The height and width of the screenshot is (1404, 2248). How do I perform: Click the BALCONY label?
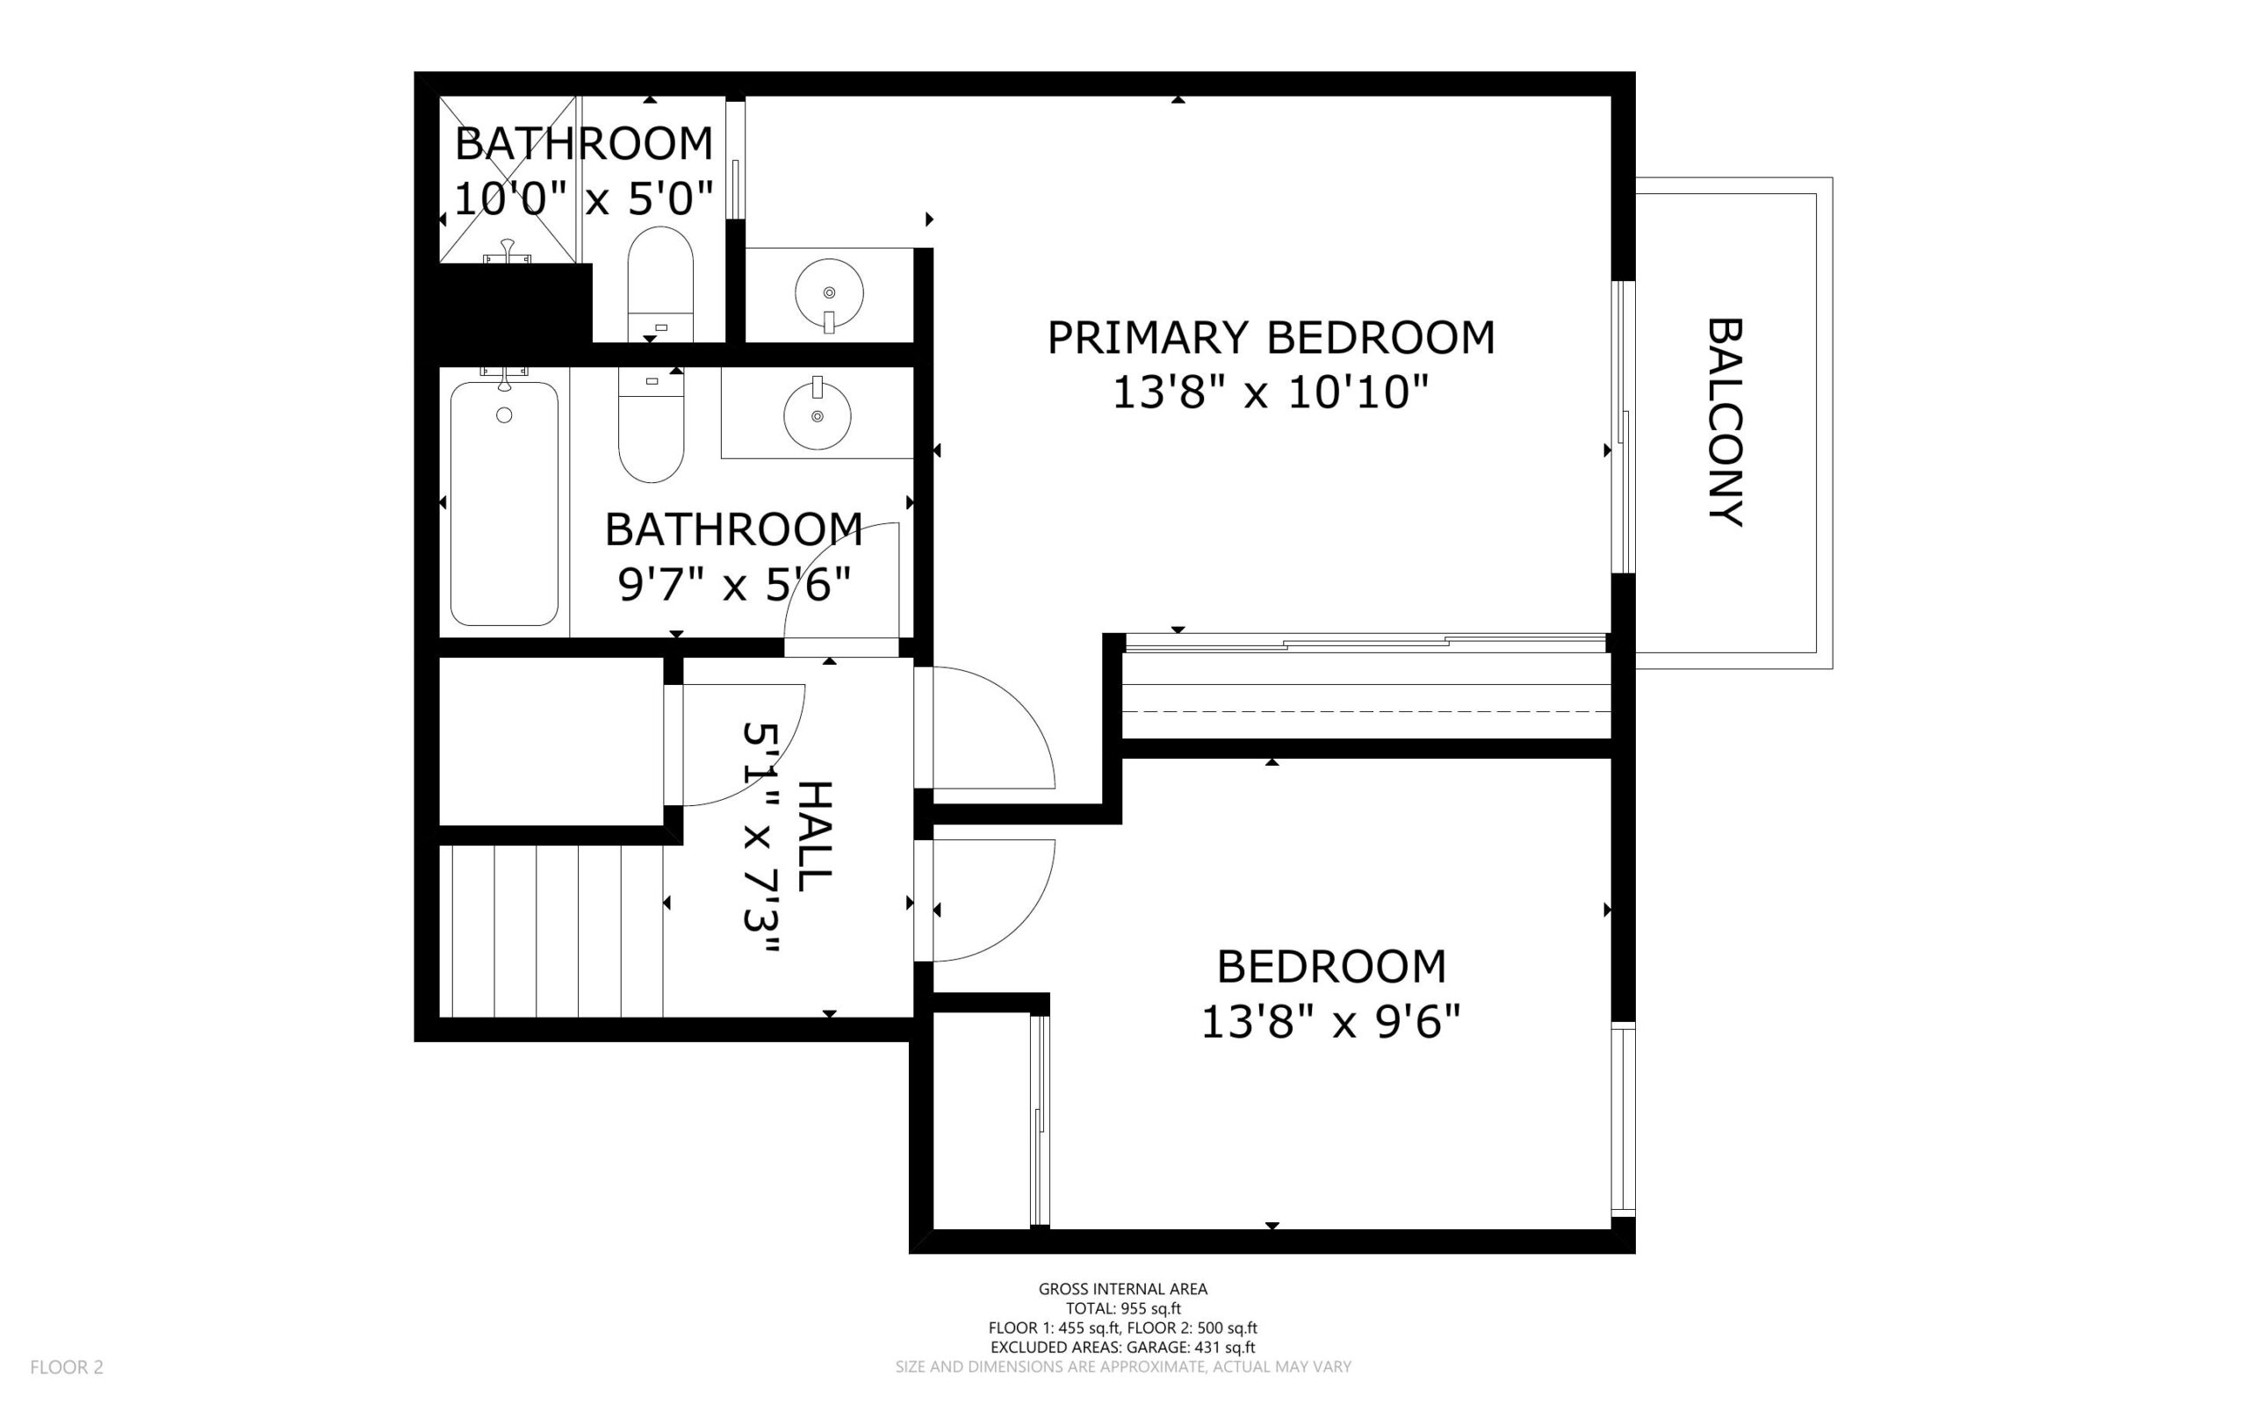pos(1726,422)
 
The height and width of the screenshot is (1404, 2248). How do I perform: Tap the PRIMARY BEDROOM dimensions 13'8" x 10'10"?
pos(1269,392)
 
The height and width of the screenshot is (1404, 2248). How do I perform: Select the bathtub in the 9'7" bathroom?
pos(504,504)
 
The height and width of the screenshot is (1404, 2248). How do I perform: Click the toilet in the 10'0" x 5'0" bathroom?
pos(660,278)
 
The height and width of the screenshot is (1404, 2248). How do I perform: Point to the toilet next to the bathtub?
pos(651,430)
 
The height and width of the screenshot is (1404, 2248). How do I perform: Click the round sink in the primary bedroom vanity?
pos(829,293)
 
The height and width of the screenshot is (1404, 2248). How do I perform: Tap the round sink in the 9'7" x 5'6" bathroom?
pos(818,416)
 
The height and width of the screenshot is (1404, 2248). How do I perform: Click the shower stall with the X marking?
pos(507,178)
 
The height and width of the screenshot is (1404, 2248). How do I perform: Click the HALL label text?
pos(815,836)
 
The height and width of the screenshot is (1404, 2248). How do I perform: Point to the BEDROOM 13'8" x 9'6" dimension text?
pos(1330,1023)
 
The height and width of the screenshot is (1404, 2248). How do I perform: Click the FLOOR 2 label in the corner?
pos(67,1367)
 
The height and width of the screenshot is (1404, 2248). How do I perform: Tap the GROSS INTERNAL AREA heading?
pos(1122,1289)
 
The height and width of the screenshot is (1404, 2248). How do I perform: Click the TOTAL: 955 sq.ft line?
pos(1122,1308)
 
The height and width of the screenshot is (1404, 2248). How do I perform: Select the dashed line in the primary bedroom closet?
pos(1365,711)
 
